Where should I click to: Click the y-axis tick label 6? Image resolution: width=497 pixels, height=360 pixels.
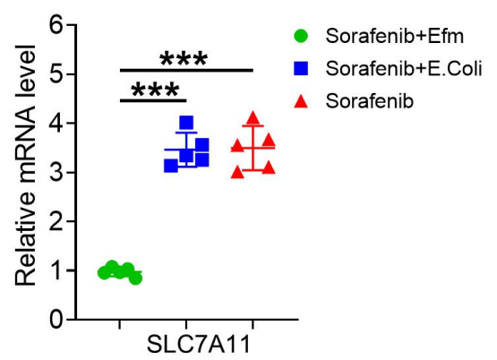(x=56, y=24)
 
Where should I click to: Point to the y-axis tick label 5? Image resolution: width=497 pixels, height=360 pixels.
(x=56, y=73)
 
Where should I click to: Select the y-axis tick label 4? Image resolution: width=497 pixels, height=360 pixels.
(x=56, y=123)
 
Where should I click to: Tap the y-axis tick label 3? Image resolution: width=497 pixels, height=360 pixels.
(x=56, y=173)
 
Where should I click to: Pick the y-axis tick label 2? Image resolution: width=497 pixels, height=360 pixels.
(x=56, y=221)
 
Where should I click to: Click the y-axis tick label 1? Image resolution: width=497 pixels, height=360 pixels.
(x=56, y=270)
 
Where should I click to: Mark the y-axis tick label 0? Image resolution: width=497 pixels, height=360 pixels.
(x=56, y=320)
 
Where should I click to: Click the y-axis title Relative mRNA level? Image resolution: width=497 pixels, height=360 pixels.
(x=26, y=166)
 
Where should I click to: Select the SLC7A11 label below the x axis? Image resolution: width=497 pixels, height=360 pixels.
(x=199, y=344)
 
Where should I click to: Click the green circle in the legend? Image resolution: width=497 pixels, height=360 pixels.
(x=301, y=36)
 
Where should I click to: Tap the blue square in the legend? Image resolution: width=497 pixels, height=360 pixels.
(x=301, y=68)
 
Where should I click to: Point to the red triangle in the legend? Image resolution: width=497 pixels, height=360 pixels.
(x=301, y=102)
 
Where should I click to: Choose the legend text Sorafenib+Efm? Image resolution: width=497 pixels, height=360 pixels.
(x=395, y=36)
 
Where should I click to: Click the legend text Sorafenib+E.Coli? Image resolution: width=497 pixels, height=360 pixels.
(x=404, y=68)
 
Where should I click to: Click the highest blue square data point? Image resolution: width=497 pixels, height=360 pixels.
(x=186, y=123)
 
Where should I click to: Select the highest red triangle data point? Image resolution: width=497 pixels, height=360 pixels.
(x=253, y=118)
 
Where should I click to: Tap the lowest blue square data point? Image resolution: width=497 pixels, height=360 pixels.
(x=171, y=166)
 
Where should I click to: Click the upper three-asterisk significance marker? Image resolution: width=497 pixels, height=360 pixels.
(x=184, y=59)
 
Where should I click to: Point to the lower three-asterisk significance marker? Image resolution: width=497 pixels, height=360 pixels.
(x=155, y=90)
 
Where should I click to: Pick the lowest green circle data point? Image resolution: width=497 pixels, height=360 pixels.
(x=135, y=279)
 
